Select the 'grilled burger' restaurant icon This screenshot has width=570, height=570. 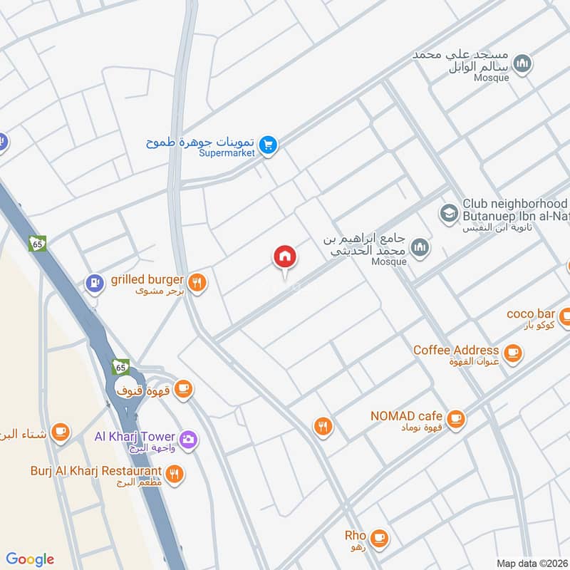click(x=198, y=282)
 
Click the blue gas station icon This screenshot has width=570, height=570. click(x=93, y=283)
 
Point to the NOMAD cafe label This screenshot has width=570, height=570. click(x=406, y=416)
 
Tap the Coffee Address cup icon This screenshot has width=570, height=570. click(x=512, y=352)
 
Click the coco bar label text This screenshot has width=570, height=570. click(x=530, y=313)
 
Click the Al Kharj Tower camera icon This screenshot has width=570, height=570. click(x=188, y=438)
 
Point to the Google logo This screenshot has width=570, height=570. click(x=30, y=559)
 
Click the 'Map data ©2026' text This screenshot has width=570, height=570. click(x=531, y=563)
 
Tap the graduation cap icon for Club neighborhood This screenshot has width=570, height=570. click(x=448, y=212)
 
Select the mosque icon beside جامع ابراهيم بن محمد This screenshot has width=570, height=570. click(x=421, y=247)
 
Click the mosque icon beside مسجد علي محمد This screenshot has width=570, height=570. click(x=523, y=64)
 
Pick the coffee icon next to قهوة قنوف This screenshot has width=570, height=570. click(x=184, y=388)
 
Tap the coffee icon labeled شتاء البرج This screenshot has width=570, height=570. click(x=60, y=432)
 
